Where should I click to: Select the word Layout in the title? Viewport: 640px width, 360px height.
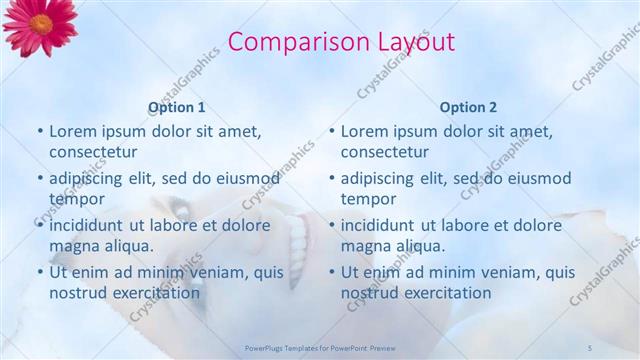(414, 42)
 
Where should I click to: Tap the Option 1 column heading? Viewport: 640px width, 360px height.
(177, 107)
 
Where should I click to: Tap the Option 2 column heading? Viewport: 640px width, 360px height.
(468, 107)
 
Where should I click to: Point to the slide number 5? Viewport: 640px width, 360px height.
(590, 347)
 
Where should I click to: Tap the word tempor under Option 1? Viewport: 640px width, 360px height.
(76, 199)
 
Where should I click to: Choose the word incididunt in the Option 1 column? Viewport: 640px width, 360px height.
(90, 225)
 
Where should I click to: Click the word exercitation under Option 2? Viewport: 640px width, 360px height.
(445, 293)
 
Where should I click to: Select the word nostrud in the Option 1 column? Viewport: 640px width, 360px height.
(77, 293)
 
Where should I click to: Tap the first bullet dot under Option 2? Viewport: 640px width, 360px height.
(334, 132)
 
